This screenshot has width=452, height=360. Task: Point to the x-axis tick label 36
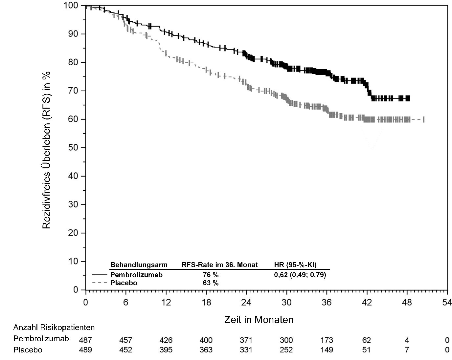[x=327, y=303]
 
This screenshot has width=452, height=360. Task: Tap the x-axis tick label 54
[x=447, y=303]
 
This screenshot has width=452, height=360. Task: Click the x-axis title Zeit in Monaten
[x=259, y=320]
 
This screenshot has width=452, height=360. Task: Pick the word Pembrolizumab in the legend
[x=136, y=275]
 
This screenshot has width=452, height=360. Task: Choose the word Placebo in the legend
[x=124, y=283]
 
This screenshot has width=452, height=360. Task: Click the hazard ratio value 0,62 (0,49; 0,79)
[x=300, y=275]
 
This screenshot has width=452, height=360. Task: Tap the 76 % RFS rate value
[x=211, y=275]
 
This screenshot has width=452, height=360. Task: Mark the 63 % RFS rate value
[x=211, y=283]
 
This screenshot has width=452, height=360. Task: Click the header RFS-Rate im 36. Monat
[x=220, y=265]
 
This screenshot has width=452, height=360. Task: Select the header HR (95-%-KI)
[x=295, y=265]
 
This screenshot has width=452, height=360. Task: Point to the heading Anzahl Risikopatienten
[x=54, y=328]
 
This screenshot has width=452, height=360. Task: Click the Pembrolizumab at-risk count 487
[x=85, y=340]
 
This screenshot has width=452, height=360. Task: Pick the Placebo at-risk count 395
[x=166, y=350]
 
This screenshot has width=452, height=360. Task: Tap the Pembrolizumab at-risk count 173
[x=327, y=340]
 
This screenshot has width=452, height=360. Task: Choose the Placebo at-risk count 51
[x=367, y=350]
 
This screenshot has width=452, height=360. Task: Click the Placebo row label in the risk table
[x=28, y=350]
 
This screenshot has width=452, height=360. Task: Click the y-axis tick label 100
[x=71, y=6]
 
